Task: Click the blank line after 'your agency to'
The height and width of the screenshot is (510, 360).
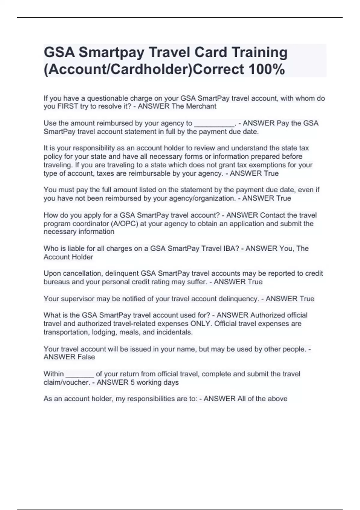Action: click(x=214, y=123)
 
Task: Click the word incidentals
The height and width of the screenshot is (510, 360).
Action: click(x=175, y=332)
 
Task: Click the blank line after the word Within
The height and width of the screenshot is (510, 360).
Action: click(x=80, y=374)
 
